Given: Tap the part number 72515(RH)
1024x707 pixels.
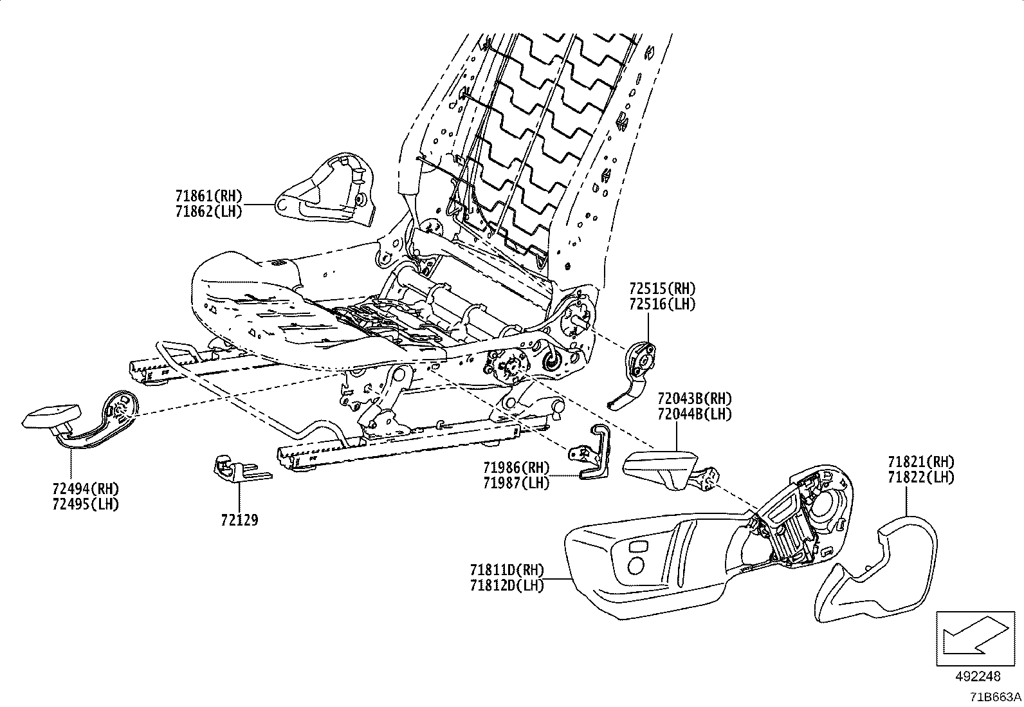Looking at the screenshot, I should [662, 289].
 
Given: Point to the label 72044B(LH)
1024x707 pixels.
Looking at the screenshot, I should [694, 414].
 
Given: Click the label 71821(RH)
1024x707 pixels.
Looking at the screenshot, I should [920, 462].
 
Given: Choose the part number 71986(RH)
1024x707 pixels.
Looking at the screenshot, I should [516, 468].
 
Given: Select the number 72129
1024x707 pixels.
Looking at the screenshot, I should [239, 520].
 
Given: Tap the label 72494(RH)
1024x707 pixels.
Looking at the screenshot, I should [86, 488].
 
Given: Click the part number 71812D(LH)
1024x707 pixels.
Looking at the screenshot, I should [507, 585].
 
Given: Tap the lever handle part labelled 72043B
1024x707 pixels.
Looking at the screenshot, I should [663, 468].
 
